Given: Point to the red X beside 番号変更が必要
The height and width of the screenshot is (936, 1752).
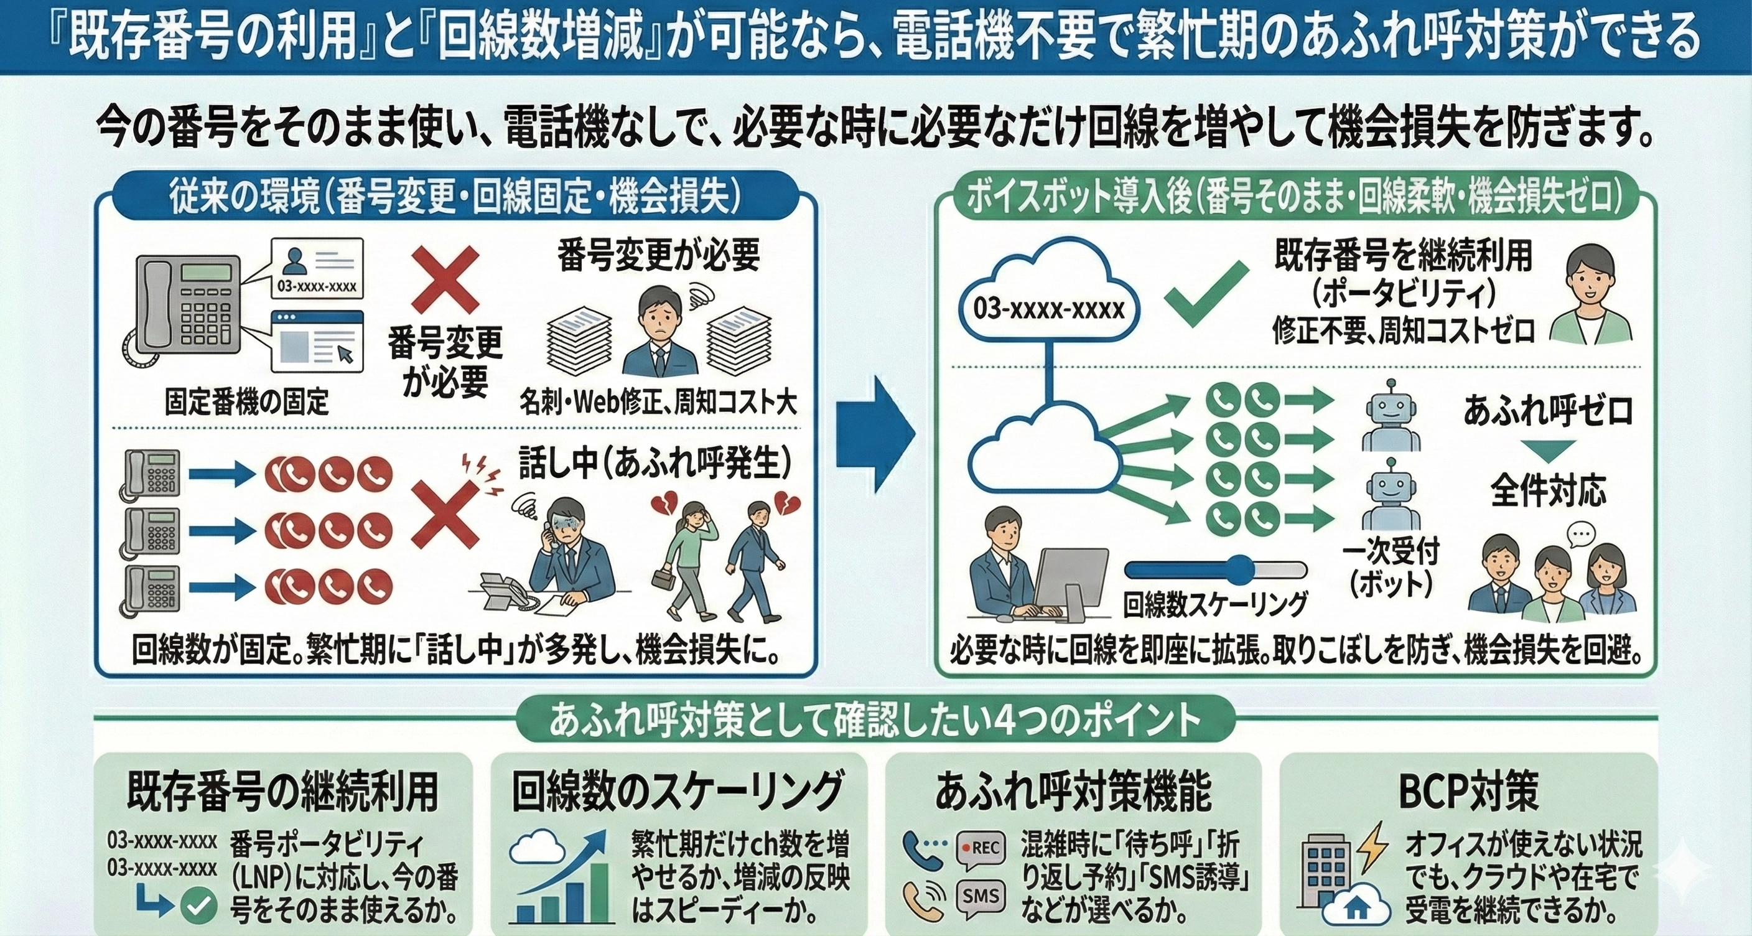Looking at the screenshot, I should (445, 279).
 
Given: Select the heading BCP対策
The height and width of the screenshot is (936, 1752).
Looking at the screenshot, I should (1468, 790).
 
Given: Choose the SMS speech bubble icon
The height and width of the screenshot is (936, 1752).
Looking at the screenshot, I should (981, 897).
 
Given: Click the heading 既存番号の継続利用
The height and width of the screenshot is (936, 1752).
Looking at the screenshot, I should (282, 791).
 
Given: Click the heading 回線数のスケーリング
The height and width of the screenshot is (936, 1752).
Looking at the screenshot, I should (678, 791).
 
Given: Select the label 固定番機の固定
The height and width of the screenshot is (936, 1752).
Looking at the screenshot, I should (246, 402).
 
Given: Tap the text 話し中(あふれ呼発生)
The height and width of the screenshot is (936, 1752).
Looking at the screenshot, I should (655, 463).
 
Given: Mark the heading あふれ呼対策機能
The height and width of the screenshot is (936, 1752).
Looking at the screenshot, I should (1073, 791).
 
